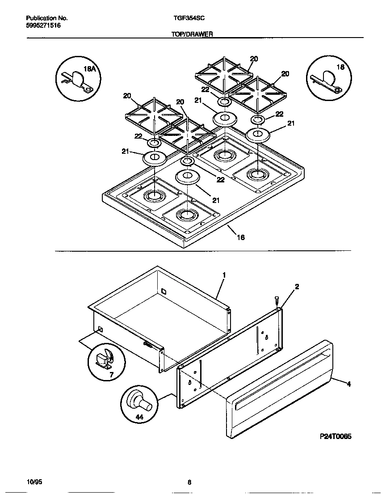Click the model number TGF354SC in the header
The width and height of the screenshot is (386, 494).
pyautogui.click(x=189, y=18)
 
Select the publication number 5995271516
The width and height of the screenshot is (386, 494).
pyautogui.click(x=43, y=25)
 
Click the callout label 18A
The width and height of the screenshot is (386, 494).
pyautogui.click(x=90, y=69)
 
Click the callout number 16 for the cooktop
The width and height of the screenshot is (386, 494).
pyautogui.click(x=240, y=237)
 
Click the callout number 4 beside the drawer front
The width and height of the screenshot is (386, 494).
pyautogui.click(x=349, y=383)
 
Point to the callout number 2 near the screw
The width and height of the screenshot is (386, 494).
pyautogui.click(x=297, y=286)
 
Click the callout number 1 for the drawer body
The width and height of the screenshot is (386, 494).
pyautogui.click(x=224, y=275)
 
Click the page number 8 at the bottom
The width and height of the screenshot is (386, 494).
pyautogui.click(x=189, y=482)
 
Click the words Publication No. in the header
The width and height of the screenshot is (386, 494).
pyautogui.click(x=46, y=18)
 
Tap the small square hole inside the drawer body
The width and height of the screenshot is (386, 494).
pyautogui.click(x=164, y=291)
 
